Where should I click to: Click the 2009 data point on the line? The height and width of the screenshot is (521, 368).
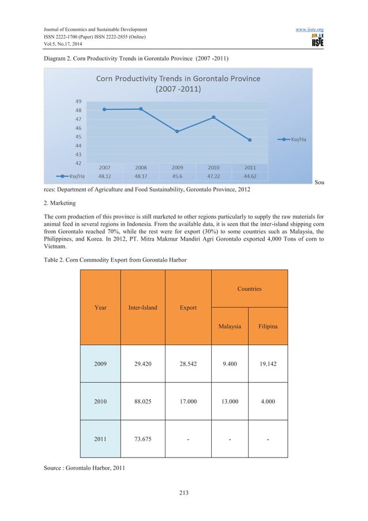pyautogui.click(x=177, y=132)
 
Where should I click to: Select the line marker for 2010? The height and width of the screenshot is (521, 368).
pyautogui.click(x=213, y=117)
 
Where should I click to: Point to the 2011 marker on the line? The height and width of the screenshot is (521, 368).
pyautogui.click(x=250, y=140)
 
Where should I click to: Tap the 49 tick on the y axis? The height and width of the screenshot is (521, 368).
pyautogui.click(x=76, y=101)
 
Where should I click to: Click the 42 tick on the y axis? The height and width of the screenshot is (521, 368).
pyautogui.click(x=76, y=163)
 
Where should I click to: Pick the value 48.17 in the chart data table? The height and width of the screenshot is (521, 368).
pyautogui.click(x=141, y=176)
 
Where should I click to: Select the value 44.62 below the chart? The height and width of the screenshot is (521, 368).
pyautogui.click(x=250, y=176)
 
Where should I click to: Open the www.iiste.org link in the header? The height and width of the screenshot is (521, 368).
pyautogui.click(x=343, y=29)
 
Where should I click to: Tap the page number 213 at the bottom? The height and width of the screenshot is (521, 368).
pyautogui.click(x=183, y=493)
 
